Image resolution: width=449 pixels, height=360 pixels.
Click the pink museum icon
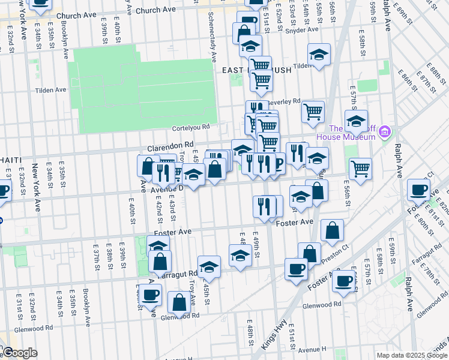click(385, 131)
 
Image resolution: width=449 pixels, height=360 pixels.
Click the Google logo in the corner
click(20, 353)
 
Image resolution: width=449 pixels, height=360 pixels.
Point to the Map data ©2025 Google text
click(411, 355)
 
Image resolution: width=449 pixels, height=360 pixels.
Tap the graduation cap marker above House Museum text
click(356, 121)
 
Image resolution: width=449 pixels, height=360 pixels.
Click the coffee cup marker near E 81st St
click(418, 190)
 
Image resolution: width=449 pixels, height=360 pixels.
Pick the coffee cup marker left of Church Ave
click(40, 3)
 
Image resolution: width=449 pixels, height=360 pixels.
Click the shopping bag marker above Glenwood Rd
click(179, 302)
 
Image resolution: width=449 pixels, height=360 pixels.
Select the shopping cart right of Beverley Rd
click(313, 111)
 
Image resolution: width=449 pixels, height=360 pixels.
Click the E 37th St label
click(95, 256)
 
